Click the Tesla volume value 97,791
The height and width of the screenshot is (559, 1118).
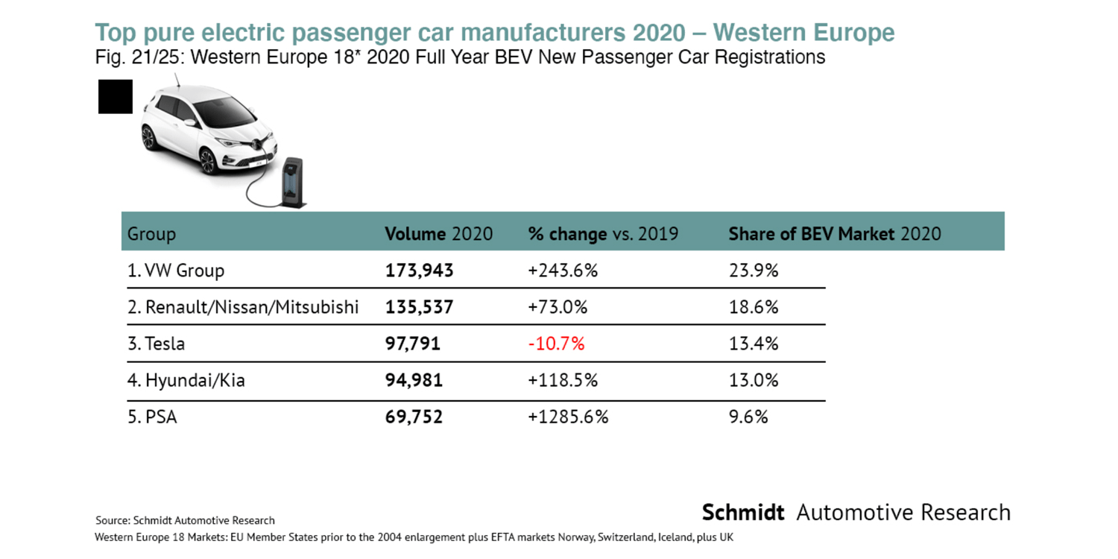(x=412, y=344)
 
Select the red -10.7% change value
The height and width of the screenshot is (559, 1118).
(x=556, y=344)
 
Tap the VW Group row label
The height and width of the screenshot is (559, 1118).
(x=176, y=271)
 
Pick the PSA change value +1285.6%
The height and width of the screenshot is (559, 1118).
(x=568, y=417)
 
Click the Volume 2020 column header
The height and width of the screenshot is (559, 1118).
(x=438, y=234)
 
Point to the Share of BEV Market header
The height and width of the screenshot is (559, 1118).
(x=834, y=234)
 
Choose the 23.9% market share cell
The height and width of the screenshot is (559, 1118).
(x=753, y=271)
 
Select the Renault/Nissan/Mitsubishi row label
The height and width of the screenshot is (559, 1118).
(x=243, y=307)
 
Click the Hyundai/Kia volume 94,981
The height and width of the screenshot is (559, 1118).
(x=414, y=380)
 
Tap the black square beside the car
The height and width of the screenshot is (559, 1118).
(x=116, y=97)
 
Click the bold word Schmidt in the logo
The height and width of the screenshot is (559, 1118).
(x=743, y=513)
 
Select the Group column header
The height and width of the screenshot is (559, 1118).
(x=151, y=234)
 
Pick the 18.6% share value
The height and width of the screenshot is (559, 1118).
(x=753, y=307)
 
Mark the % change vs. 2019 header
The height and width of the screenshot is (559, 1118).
(x=603, y=234)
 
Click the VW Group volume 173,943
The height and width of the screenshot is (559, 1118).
(x=419, y=271)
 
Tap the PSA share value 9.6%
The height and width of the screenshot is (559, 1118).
(x=748, y=417)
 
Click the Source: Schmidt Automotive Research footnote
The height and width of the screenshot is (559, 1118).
(x=185, y=520)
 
